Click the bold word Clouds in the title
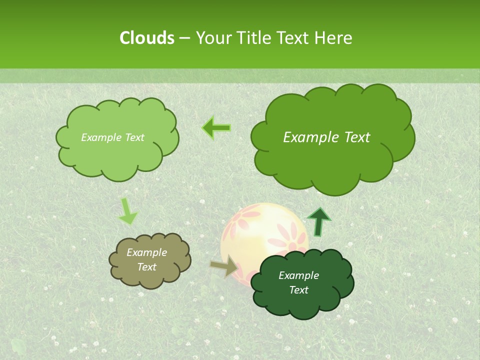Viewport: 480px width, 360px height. pyautogui.click(x=146, y=38)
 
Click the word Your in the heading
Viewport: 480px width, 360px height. pyautogui.click(x=213, y=38)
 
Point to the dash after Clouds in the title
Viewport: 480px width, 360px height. pyautogui.click(x=184, y=38)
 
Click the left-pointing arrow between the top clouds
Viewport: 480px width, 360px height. pyautogui.click(x=216, y=128)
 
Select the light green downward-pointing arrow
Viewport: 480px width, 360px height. pyautogui.click(x=127, y=211)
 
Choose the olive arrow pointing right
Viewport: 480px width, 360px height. pyautogui.click(x=224, y=266)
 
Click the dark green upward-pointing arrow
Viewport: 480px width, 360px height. pyautogui.click(x=318, y=221)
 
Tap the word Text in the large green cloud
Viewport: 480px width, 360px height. pyautogui.click(x=354, y=137)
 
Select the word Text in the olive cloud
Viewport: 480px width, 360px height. pyautogui.click(x=146, y=267)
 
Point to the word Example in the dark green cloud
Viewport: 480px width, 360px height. pyautogui.click(x=298, y=275)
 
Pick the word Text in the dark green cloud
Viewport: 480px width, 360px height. pyautogui.click(x=298, y=290)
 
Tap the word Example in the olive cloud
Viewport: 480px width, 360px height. pyautogui.click(x=146, y=252)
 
